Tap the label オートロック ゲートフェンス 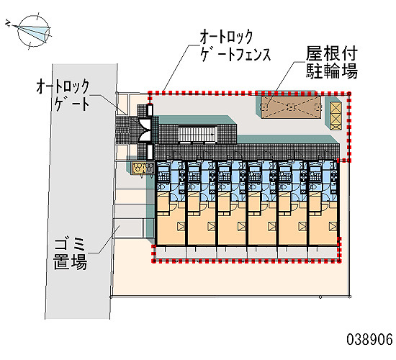[x=235, y=46]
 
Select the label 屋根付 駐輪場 [x=332, y=62]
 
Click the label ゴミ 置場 [x=71, y=253]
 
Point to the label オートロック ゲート [x=63, y=95]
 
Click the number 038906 [x=369, y=339]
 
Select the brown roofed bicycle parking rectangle [x=291, y=107]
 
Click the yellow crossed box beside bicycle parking [x=336, y=116]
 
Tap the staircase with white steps [x=197, y=134]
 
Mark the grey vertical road [x=81, y=192]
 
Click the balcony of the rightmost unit [x=323, y=252]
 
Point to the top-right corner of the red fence [x=349, y=94]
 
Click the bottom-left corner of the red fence [x=153, y=261]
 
